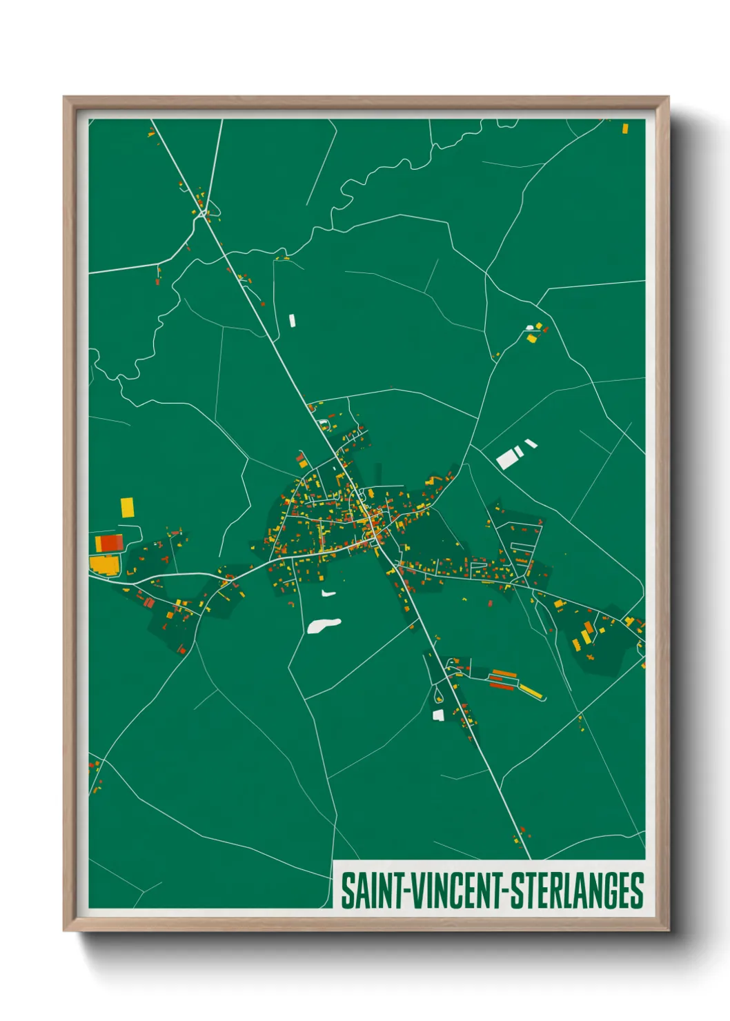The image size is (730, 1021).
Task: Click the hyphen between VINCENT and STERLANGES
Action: click(510, 891)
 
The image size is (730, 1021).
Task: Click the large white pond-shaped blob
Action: click(323, 625)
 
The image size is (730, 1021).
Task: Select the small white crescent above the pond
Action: click(328, 593)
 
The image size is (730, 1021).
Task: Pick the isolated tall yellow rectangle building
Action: click(128, 508)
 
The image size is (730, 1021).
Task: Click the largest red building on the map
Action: click(111, 542)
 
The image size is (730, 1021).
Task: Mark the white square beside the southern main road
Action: click(437, 715)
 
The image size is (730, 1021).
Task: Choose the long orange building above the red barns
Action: click(504, 673)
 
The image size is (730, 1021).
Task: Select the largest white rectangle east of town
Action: click(507, 459)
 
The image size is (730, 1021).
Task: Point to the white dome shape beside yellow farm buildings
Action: click(530, 328)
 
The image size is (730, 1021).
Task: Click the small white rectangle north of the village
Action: click(292, 320)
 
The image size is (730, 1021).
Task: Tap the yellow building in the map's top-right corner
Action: click(625, 128)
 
